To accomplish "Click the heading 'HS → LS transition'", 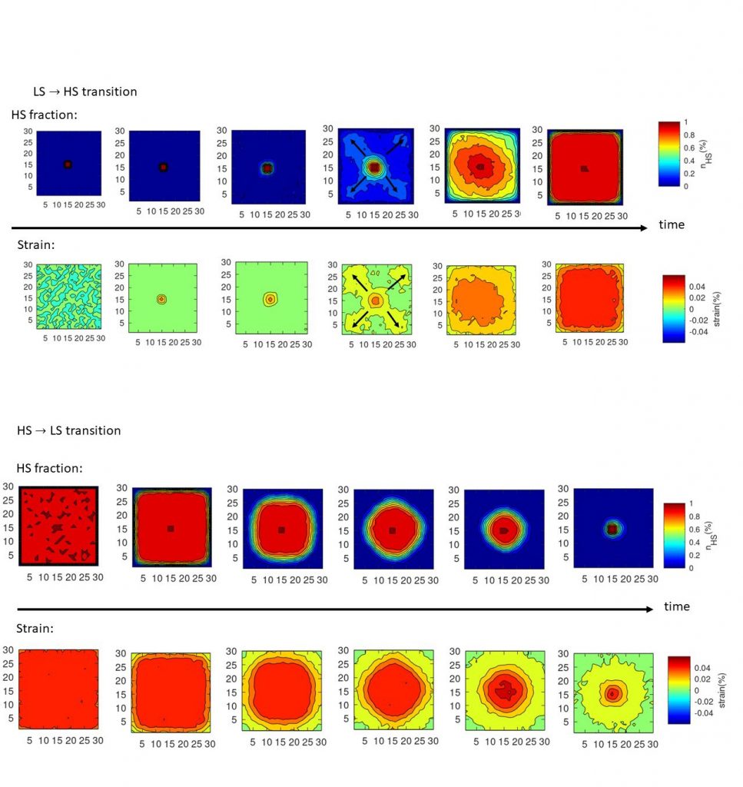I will (x=68, y=430).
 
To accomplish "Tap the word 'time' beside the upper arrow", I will (x=672, y=224).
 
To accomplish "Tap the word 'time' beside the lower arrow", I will (x=676, y=606).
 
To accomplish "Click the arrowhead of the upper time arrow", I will (x=648, y=228).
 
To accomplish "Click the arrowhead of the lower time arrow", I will (x=652, y=609).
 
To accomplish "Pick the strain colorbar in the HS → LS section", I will (x=680, y=690).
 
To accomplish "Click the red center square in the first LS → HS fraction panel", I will (x=67, y=164).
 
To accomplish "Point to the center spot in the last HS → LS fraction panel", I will (x=612, y=529).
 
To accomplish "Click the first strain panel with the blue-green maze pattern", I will (x=67, y=297).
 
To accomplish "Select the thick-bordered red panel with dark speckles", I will (x=58, y=526).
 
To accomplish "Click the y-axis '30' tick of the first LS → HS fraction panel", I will (x=27, y=131).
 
